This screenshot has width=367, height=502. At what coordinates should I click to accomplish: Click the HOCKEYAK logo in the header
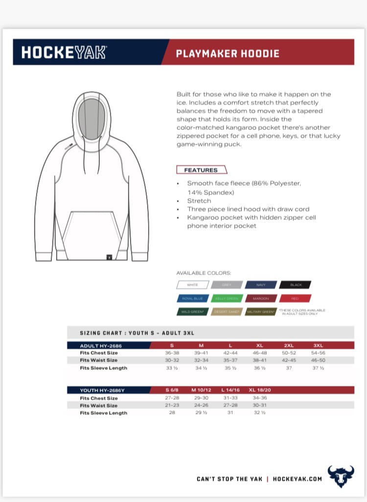tap(64, 52)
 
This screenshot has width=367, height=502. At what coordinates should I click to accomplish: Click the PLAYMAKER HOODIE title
tap(228, 53)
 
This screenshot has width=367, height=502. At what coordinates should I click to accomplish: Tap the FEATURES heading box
tap(201, 170)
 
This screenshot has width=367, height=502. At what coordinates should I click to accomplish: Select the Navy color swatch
tap(261, 284)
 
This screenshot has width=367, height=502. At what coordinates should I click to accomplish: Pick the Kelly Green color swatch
tap(227, 298)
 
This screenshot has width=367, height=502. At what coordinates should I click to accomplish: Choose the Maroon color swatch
tap(261, 298)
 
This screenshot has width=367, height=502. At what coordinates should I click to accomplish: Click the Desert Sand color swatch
tap(227, 311)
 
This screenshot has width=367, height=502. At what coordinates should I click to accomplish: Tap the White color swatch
tap(192, 284)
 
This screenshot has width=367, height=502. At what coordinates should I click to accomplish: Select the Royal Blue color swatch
tap(192, 298)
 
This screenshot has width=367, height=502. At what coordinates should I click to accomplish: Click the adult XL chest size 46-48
tap(260, 353)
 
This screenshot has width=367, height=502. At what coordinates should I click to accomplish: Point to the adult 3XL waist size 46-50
tap(318, 360)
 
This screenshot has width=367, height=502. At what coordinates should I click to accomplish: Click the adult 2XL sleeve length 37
tap(289, 368)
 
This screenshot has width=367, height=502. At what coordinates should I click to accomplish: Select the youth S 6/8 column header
tap(172, 390)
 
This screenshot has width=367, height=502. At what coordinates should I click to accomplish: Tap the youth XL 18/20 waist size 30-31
tap(260, 405)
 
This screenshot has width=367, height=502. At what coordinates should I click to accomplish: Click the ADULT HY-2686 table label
tap(101, 346)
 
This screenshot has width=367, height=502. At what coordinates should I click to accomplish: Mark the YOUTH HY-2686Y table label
tap(102, 390)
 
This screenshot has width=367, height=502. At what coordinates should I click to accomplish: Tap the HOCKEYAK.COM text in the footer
tap(297, 479)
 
